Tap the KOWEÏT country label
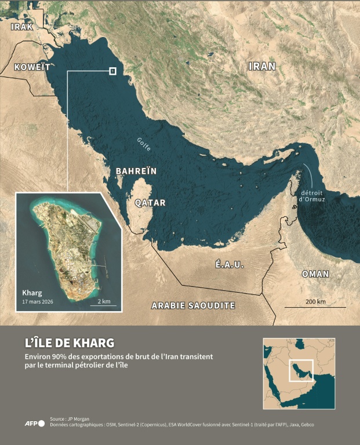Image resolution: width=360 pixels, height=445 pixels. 31,66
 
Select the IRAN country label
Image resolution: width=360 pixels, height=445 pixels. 261,66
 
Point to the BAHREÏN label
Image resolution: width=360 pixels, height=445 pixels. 136,172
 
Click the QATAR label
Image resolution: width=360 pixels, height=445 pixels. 150,203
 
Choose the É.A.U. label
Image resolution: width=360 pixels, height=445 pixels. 230,264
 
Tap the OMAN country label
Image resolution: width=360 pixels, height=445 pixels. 315,273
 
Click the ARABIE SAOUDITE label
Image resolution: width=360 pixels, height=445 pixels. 192,305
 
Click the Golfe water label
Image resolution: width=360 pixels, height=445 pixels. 144,144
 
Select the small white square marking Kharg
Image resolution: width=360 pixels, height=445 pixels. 112,71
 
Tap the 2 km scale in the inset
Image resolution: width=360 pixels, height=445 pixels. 104,301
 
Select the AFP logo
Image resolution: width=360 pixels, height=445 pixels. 34,424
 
